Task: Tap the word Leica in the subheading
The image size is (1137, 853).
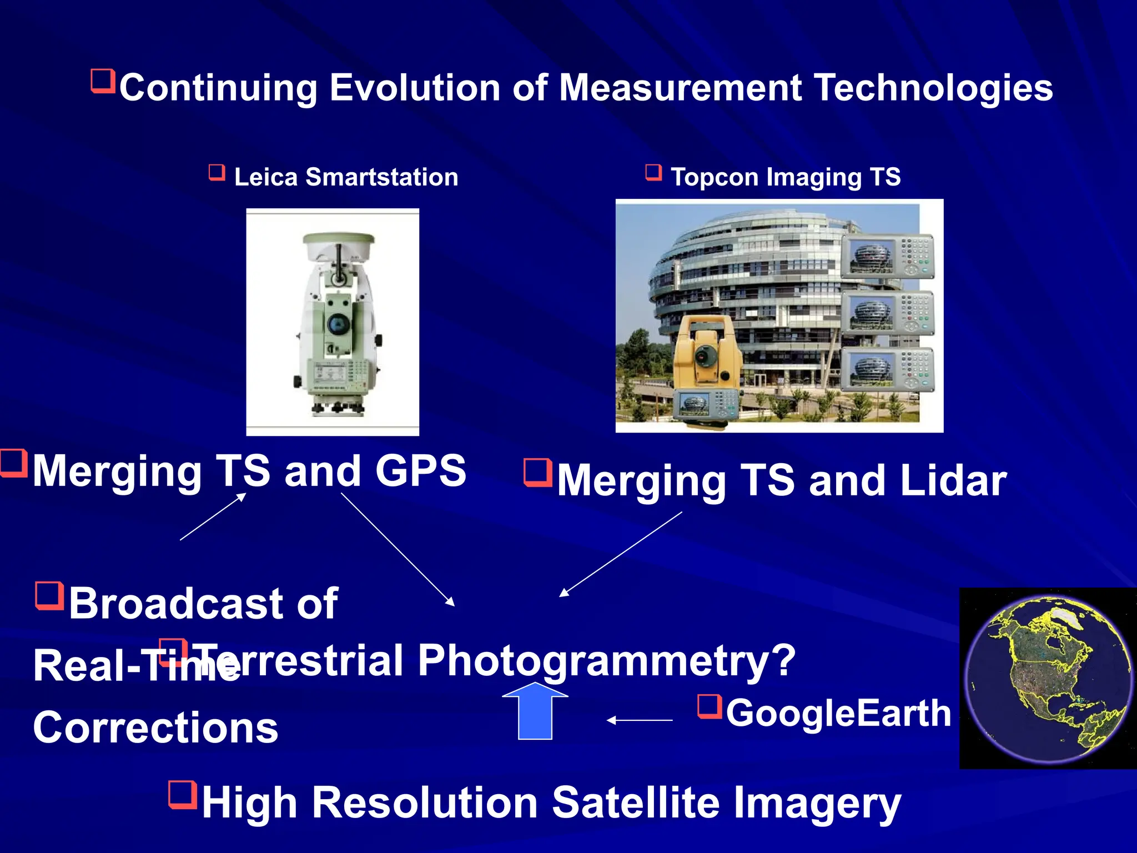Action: point(265,177)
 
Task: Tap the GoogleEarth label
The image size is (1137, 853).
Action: point(838,713)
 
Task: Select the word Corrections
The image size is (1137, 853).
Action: point(155,728)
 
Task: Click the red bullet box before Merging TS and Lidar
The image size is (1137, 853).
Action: point(537,471)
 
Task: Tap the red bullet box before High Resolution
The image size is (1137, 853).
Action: point(183,795)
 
